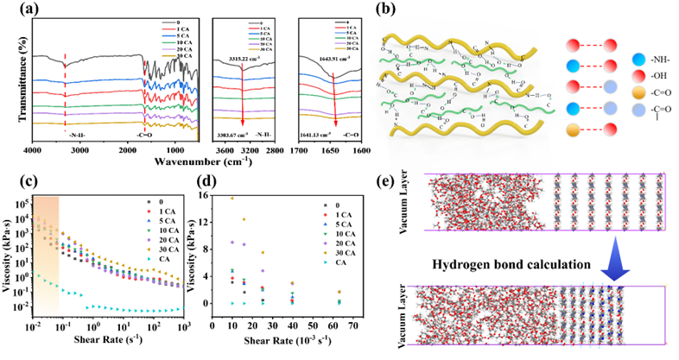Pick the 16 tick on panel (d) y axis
pyautogui.click(x=217, y=196)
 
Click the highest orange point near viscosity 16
pyautogui.click(x=232, y=198)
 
